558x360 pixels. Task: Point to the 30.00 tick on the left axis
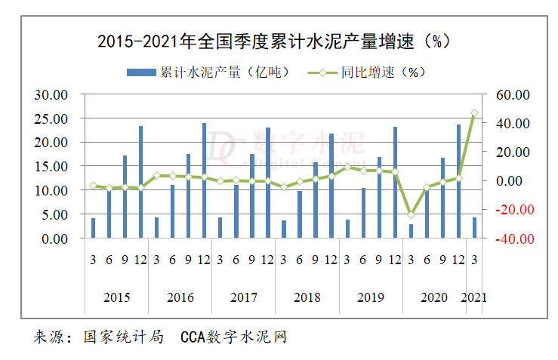pyautogui.click(x=52, y=95)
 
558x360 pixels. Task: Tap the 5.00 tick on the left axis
pyautogui.click(x=54, y=214)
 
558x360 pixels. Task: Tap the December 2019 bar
pyautogui.click(x=395, y=183)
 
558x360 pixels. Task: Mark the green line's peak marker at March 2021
pyautogui.click(x=474, y=113)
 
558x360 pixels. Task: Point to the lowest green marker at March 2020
pyautogui.click(x=411, y=215)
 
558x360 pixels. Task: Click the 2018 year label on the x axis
pyautogui.click(x=307, y=297)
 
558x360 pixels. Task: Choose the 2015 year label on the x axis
pyautogui.click(x=116, y=297)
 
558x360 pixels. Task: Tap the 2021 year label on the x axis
pyautogui.click(x=474, y=297)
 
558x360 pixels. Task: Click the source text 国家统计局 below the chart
pyautogui.click(x=124, y=337)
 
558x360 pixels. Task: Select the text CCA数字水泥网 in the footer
pyautogui.click(x=233, y=337)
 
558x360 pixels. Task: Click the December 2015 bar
pyautogui.click(x=140, y=182)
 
